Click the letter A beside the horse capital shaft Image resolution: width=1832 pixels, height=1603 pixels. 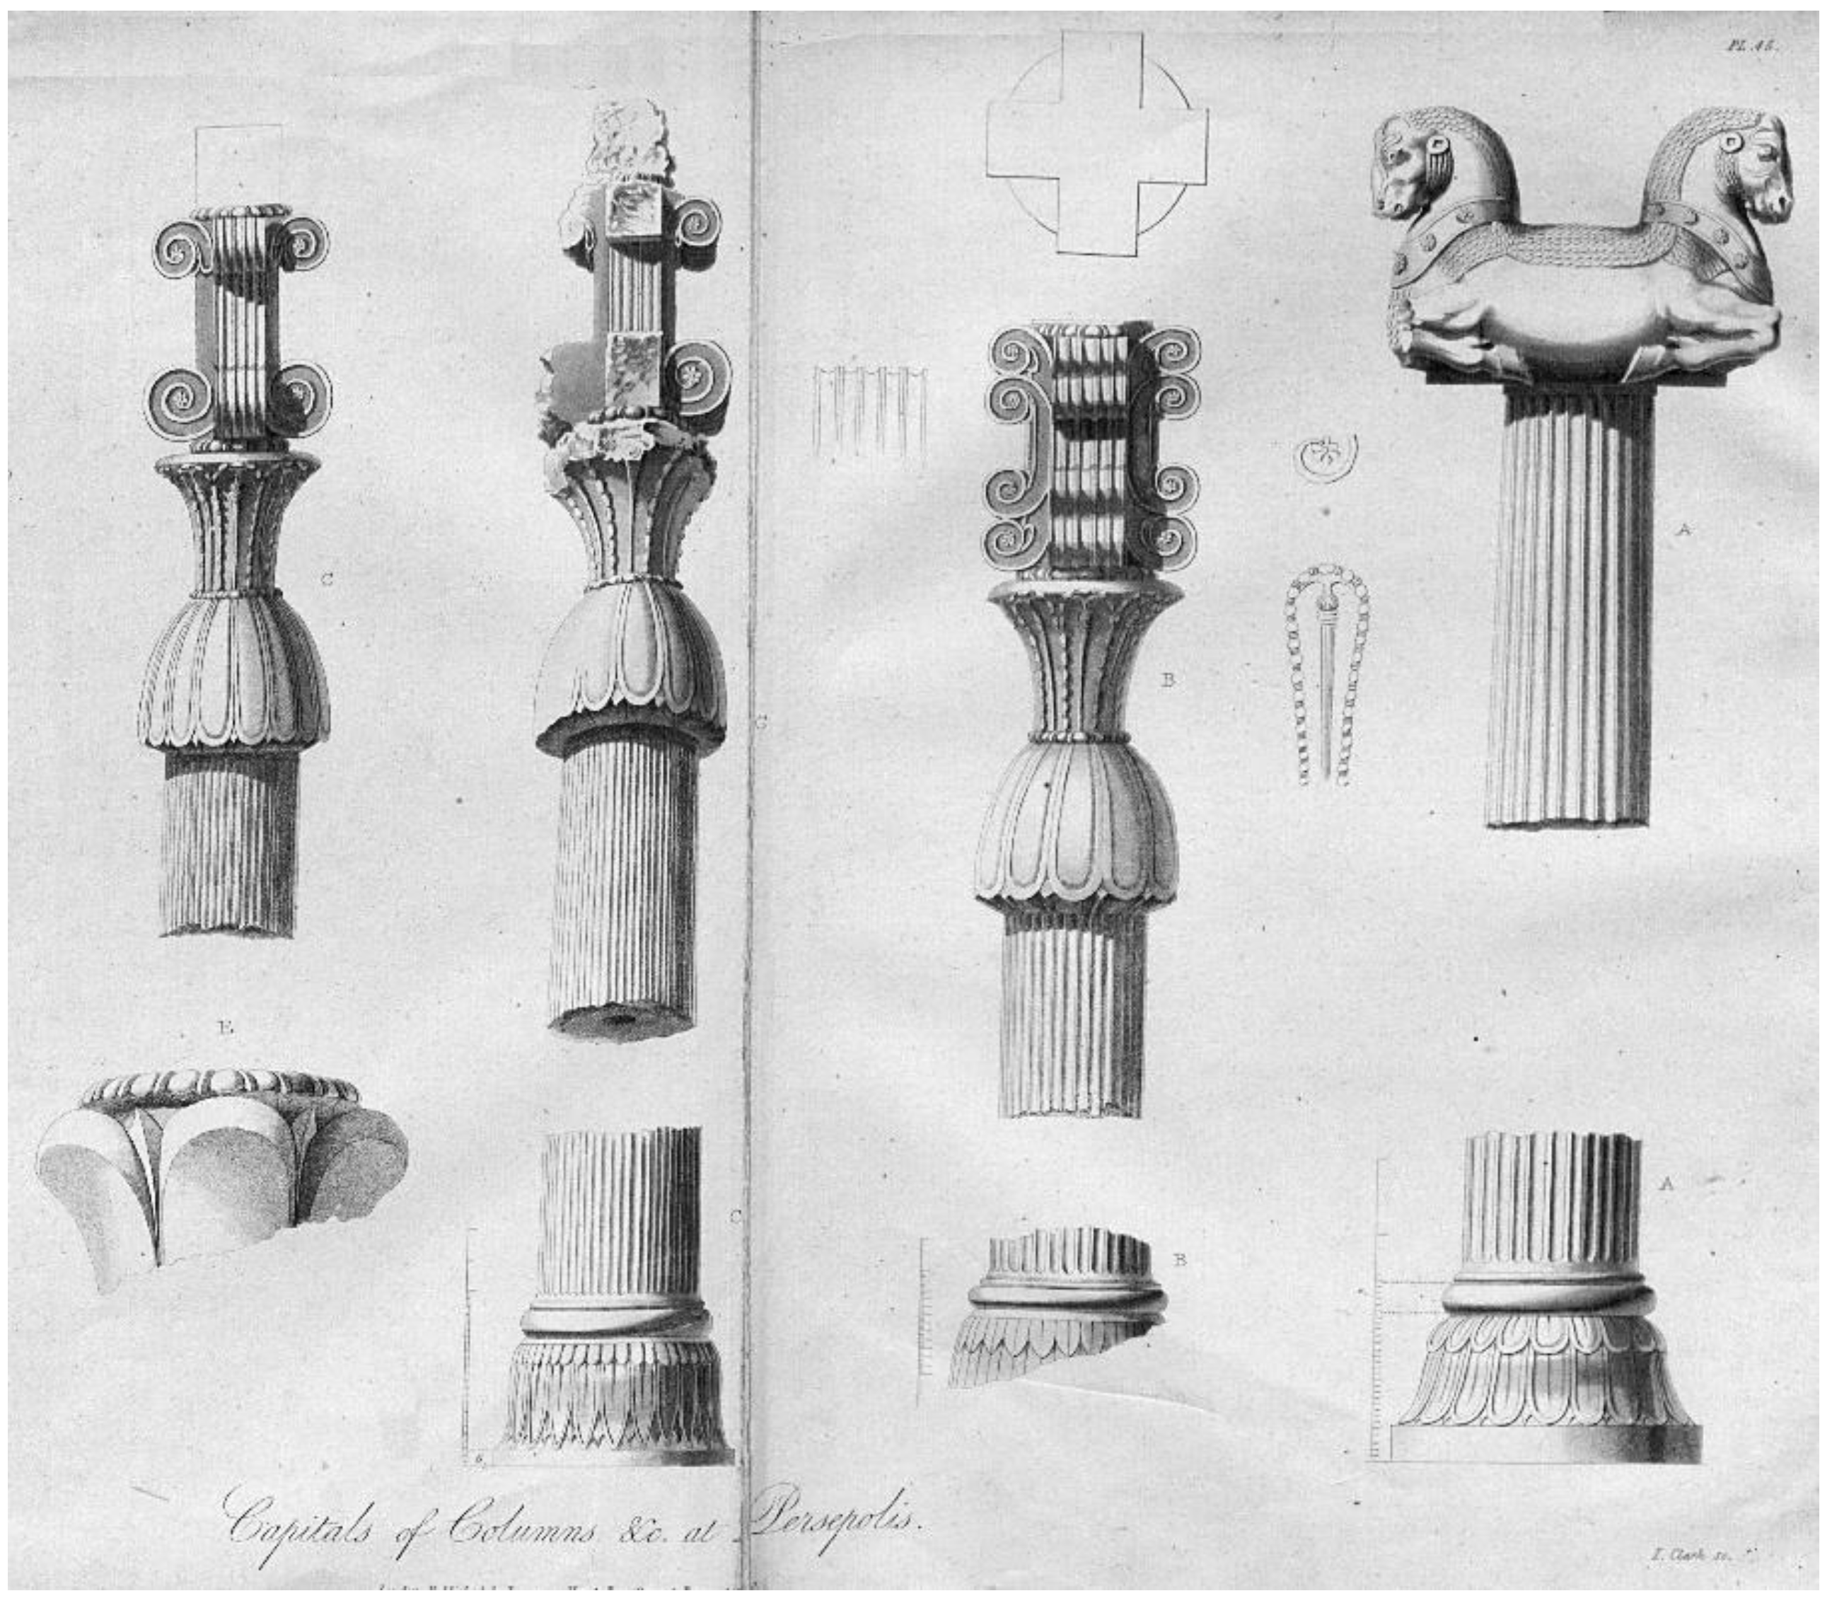(x=1683, y=530)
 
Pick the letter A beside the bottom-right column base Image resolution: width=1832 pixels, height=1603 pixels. (x=1666, y=1184)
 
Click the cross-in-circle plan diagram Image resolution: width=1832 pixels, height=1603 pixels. (x=1096, y=143)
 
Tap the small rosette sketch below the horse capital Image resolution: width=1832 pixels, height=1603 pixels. (x=1326, y=456)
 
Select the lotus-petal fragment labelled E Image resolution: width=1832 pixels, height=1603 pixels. (x=219, y=1172)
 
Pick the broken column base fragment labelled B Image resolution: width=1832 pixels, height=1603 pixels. (x=1055, y=1306)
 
